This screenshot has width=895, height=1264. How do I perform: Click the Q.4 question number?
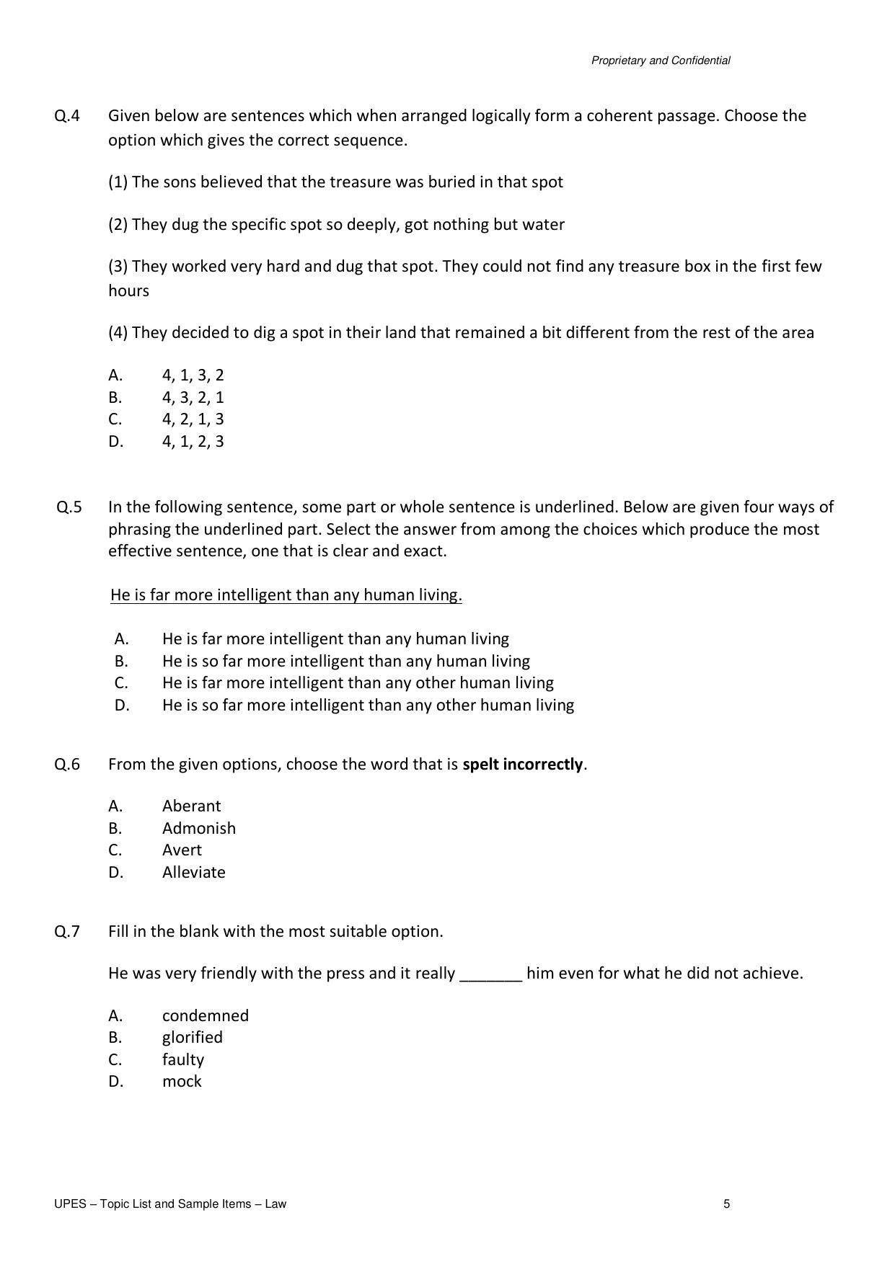(x=67, y=116)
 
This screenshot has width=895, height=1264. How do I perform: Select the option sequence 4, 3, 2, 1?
(x=193, y=397)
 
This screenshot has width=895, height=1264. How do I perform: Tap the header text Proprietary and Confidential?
(x=660, y=61)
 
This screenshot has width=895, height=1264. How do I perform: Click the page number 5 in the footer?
(x=726, y=1203)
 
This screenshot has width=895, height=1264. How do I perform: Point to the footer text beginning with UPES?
(x=169, y=1203)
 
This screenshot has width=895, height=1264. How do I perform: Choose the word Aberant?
(x=191, y=806)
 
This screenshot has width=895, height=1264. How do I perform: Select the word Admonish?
(x=198, y=828)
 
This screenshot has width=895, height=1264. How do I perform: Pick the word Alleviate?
(x=193, y=872)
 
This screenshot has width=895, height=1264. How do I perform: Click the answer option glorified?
(x=192, y=1037)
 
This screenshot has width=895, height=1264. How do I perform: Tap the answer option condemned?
(x=205, y=1015)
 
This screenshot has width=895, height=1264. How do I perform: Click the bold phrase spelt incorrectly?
(x=522, y=764)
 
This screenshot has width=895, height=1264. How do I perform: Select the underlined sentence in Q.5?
(x=286, y=595)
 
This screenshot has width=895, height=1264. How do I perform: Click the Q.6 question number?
(x=67, y=764)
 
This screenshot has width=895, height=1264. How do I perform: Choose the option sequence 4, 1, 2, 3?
(x=193, y=441)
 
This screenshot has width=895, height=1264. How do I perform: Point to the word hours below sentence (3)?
(x=128, y=290)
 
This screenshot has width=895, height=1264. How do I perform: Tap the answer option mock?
(x=182, y=1081)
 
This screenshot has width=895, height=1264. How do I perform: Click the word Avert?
(x=182, y=850)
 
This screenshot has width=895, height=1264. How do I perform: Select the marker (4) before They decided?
(x=118, y=332)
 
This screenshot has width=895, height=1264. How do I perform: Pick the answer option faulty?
(x=182, y=1059)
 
